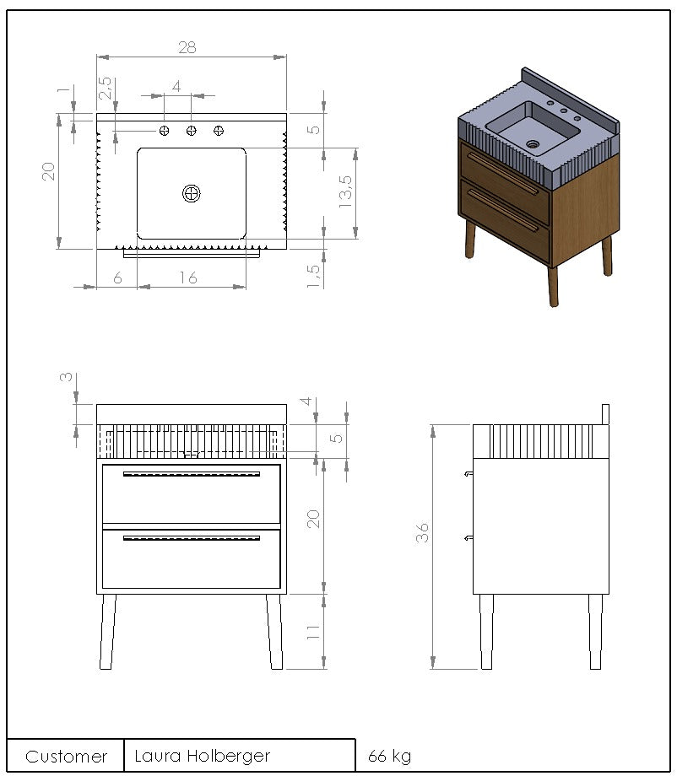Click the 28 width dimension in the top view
(187, 47)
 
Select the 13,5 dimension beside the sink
(346, 191)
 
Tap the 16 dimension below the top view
(188, 278)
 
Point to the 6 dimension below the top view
(117, 278)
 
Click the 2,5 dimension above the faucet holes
(106, 88)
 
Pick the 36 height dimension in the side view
(422, 532)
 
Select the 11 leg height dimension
(313, 632)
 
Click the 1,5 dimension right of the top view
(313, 276)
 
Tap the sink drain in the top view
(191, 193)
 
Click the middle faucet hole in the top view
(191, 131)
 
